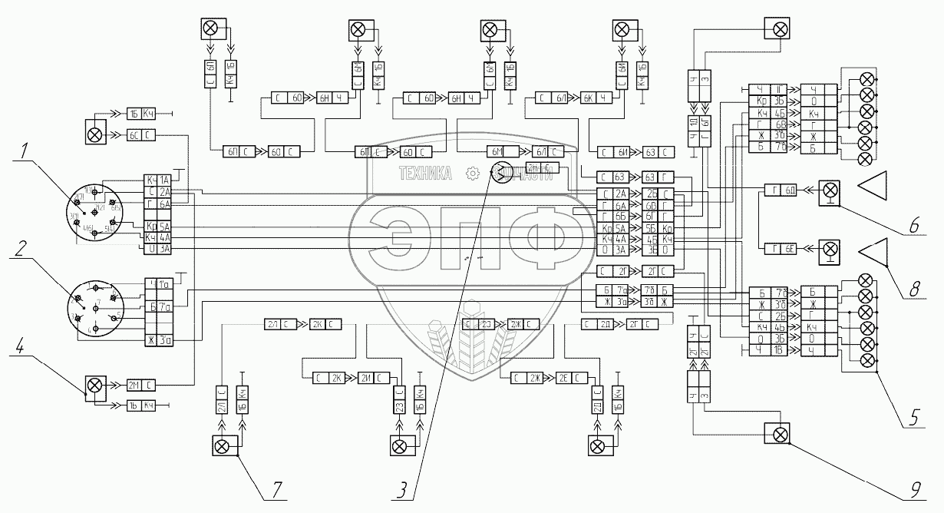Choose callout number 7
pos(274,487)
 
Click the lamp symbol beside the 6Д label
pos(829,189)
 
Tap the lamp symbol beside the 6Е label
pos(829,248)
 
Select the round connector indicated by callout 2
pos(94,309)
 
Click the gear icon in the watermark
pos(474,174)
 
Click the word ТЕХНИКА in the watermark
pos(425,174)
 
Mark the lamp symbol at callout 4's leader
pos(95,384)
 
